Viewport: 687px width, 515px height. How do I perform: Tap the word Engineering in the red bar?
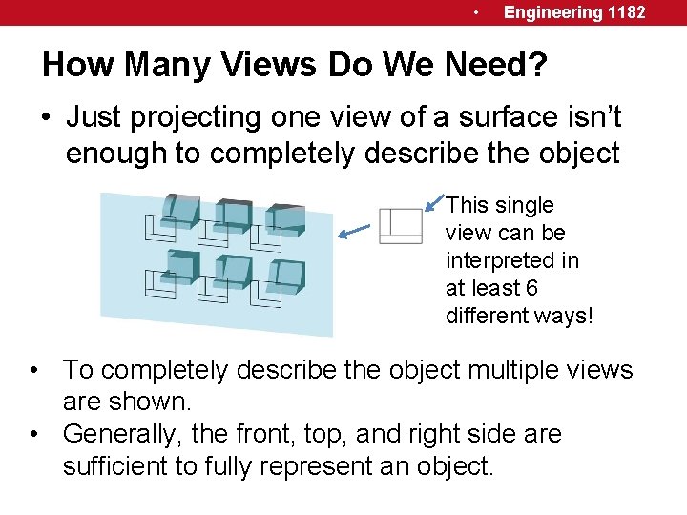point(552,12)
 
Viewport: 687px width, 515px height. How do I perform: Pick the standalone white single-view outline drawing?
point(401,225)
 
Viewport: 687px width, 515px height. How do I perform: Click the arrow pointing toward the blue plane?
point(355,229)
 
